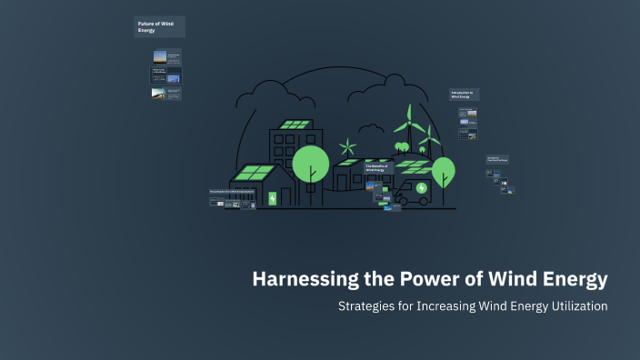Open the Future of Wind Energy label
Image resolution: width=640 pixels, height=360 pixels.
click(x=159, y=26)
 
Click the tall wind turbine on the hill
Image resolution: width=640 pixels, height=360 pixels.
click(x=408, y=127)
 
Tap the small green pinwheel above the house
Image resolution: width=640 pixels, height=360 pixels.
click(x=346, y=148)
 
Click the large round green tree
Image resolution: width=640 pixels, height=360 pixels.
click(x=311, y=163)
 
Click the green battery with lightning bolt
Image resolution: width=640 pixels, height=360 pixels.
click(x=272, y=198)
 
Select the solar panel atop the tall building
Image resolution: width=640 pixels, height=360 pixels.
click(x=295, y=125)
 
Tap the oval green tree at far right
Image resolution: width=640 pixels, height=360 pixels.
click(x=443, y=170)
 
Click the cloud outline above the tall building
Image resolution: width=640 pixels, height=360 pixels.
click(x=268, y=94)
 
